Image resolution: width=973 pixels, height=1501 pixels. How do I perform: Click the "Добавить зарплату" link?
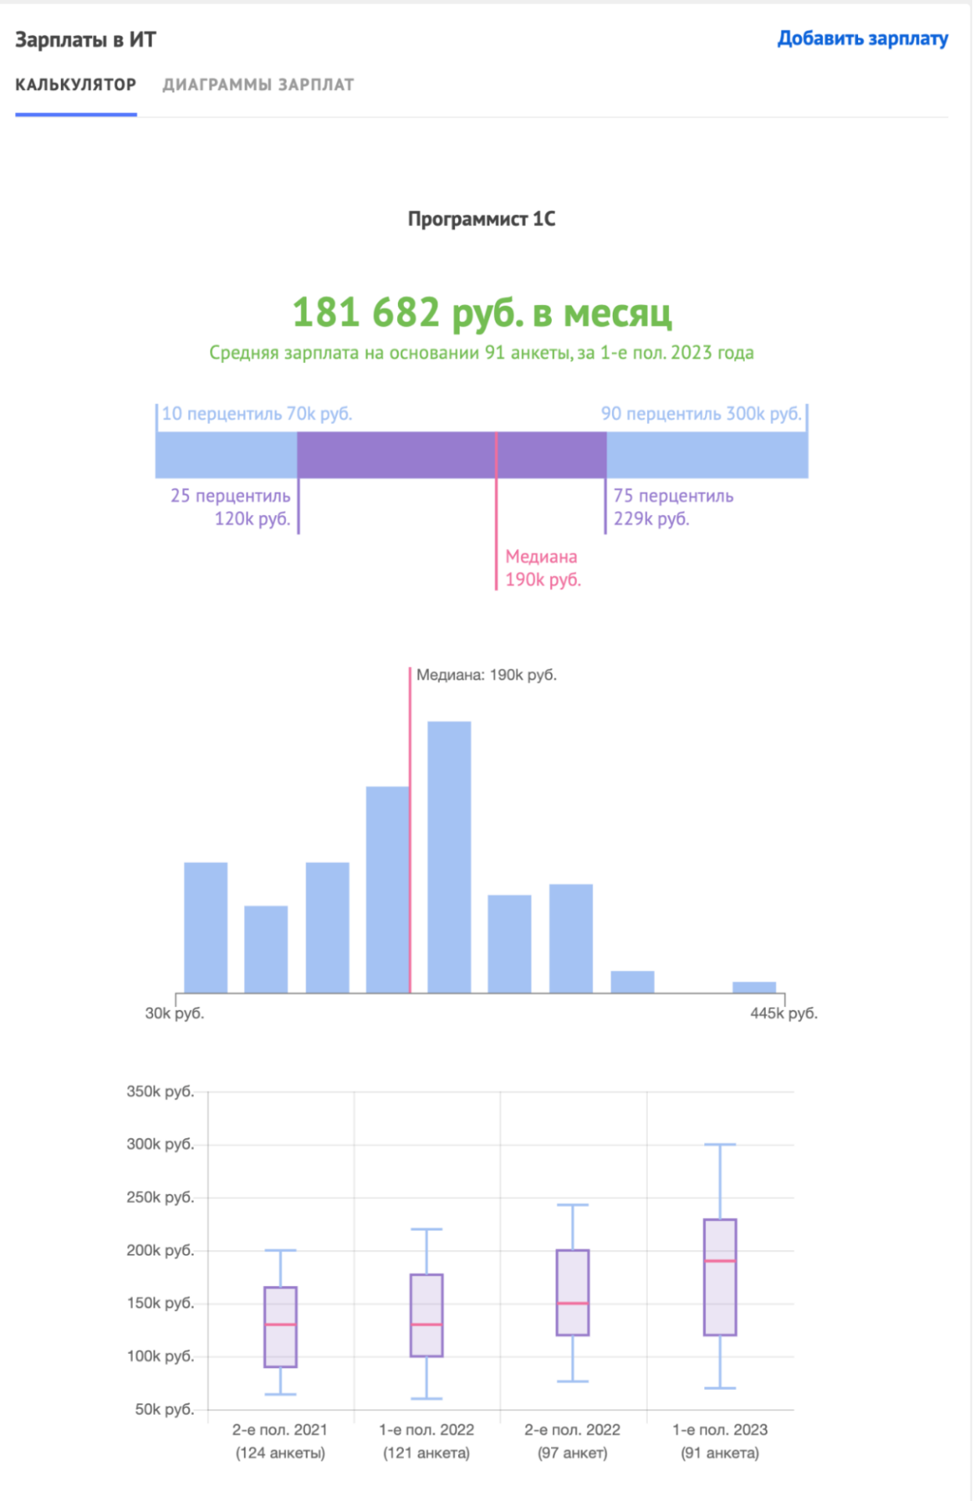click(x=862, y=38)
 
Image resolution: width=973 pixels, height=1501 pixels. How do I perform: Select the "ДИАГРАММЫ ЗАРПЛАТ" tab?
click(x=258, y=84)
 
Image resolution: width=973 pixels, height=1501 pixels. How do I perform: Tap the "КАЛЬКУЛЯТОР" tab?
click(x=76, y=84)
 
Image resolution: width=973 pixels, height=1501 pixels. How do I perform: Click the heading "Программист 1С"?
click(x=481, y=219)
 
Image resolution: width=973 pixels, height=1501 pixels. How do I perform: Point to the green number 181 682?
click(x=366, y=312)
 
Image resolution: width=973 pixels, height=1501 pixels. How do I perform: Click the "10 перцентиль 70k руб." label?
click(x=256, y=414)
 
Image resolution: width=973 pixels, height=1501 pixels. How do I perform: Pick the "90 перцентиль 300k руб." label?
click(x=700, y=414)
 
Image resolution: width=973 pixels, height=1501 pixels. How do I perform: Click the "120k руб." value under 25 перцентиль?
click(x=252, y=518)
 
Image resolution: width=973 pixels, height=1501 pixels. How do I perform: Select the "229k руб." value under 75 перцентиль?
click(x=651, y=518)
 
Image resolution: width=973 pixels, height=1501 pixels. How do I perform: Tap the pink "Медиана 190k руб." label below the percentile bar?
click(x=543, y=568)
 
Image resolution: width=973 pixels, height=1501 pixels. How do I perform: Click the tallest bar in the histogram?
click(x=449, y=856)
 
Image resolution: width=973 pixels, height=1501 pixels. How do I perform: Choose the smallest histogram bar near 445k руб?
click(x=754, y=987)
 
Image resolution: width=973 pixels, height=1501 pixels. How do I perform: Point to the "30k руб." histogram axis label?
click(x=174, y=1013)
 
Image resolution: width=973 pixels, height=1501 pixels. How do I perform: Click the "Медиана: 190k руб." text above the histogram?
click(x=486, y=675)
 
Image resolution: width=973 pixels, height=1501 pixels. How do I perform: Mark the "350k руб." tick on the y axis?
click(x=160, y=1091)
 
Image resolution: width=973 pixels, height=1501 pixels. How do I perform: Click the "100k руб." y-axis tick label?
click(x=160, y=1356)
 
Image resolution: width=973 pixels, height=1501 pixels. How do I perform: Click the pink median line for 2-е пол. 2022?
click(x=573, y=1303)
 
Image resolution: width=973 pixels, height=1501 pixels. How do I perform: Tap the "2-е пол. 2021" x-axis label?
click(x=280, y=1430)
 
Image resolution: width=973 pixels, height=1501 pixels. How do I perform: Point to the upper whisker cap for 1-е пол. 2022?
click(x=427, y=1229)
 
